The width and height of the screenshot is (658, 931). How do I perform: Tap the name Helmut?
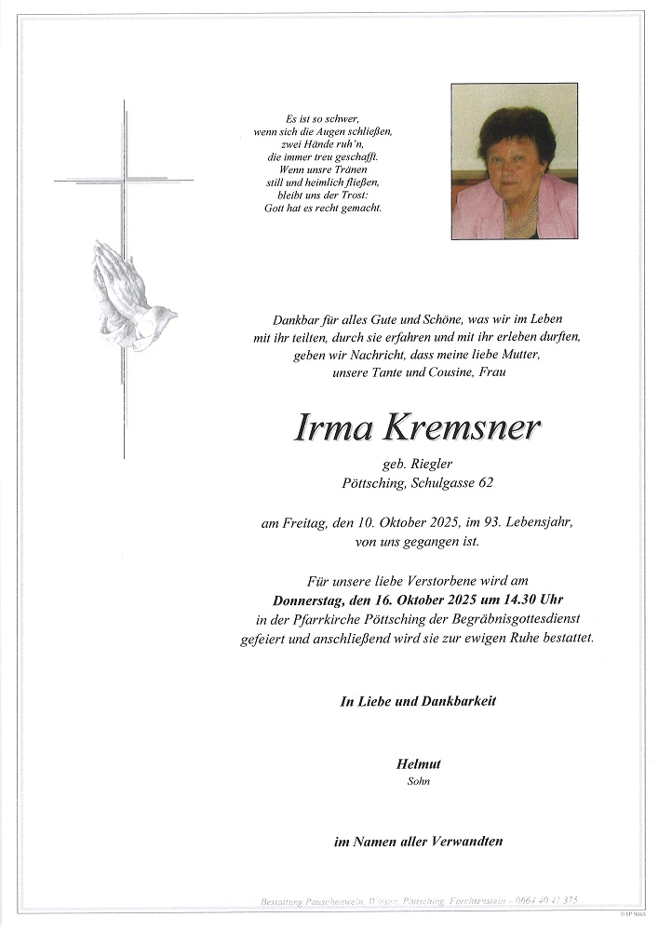418,763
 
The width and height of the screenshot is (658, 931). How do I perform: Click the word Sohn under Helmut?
418,781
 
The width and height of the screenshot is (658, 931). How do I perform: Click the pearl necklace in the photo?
518,220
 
